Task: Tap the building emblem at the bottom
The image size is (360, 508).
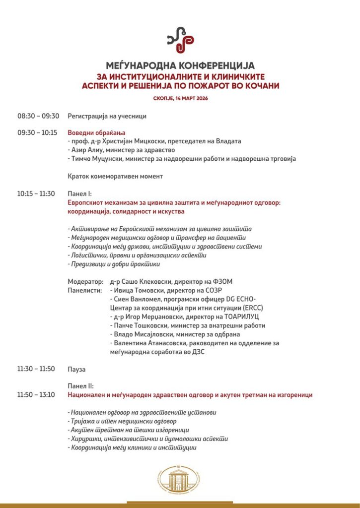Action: (x=179, y=480)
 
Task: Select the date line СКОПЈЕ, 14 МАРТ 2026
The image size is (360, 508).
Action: (x=180, y=98)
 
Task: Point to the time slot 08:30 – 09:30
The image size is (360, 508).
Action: (x=38, y=116)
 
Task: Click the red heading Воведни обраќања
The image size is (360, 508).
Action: (x=96, y=132)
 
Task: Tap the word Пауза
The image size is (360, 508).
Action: (x=76, y=369)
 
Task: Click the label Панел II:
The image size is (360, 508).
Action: (x=80, y=385)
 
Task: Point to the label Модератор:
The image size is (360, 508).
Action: (x=85, y=281)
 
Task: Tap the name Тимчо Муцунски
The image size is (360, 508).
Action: (x=97, y=158)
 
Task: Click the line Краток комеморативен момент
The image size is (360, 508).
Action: (x=115, y=176)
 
